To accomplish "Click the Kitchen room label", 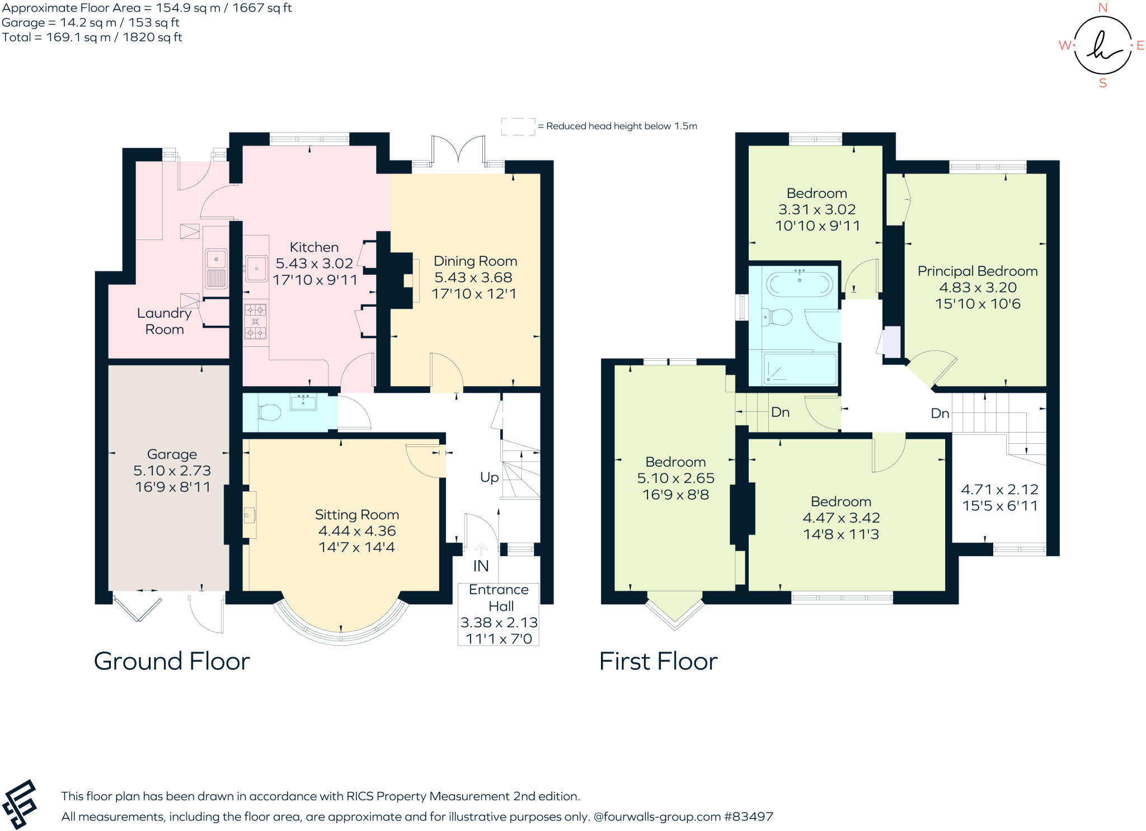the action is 314,247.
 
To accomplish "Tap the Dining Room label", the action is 475,261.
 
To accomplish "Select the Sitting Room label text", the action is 357,515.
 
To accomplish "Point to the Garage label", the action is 172,454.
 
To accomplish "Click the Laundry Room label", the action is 164,321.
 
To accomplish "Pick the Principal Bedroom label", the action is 978,271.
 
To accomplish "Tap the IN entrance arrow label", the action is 481,566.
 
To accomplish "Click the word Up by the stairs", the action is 489,477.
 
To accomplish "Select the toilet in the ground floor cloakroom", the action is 269,413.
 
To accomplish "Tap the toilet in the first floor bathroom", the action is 778,318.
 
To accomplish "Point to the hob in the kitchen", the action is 256,322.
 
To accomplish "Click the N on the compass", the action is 1103,7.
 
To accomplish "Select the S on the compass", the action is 1103,83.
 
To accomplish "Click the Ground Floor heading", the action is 172,661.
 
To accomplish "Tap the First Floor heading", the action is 658,661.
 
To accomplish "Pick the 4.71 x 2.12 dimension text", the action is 999,490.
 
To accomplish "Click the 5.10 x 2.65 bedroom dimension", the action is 676,478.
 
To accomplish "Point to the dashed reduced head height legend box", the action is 518,126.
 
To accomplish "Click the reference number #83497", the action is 749,816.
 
